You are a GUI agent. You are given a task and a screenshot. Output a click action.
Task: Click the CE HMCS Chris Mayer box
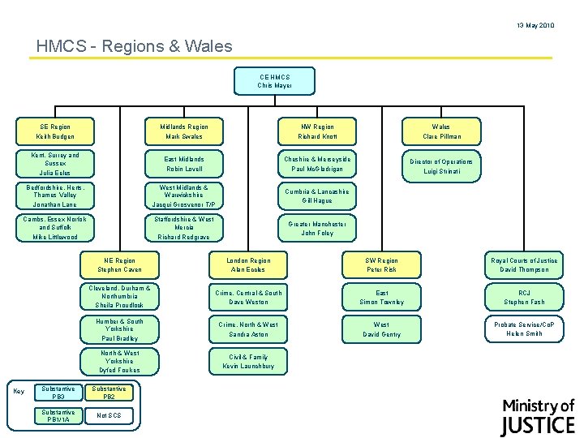274,81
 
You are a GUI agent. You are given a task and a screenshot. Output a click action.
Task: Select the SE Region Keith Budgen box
55,131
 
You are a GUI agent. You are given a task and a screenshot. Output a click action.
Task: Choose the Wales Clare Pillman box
440,131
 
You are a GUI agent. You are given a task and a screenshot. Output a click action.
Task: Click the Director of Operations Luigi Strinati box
440,166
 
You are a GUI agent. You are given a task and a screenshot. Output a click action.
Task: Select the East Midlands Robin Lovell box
185,164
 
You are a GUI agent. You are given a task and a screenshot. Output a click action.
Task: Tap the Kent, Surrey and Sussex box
55,164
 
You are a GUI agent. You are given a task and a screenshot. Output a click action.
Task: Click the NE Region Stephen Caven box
119,264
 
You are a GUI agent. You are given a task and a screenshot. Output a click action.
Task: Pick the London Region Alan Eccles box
247,264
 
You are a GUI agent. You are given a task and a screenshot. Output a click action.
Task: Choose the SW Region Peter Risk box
381,264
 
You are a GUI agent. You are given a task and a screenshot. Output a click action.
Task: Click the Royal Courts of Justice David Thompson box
524,264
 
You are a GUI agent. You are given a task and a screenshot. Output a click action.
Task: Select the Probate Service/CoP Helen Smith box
524,328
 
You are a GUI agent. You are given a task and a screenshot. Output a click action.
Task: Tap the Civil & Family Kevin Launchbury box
247,362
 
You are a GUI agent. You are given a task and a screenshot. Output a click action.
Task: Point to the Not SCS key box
109,415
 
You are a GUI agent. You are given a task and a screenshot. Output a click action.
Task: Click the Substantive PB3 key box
58,393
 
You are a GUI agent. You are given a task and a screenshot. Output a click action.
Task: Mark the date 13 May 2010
535,26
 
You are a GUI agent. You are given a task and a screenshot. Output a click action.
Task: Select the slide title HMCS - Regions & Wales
135,47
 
